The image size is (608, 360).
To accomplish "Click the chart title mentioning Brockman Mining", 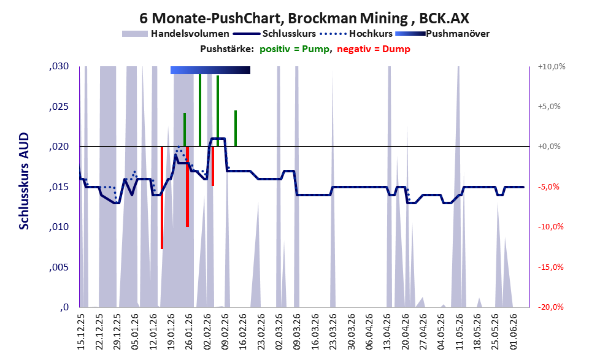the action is pos(304,18).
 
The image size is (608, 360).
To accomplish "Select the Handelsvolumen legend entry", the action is pos(175,34).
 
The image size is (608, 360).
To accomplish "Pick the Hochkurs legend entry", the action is pos(356,34).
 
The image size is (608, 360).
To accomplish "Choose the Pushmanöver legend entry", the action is pos(442,34).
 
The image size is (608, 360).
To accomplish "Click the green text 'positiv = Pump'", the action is pos(294,49).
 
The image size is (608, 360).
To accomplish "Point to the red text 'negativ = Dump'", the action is pos(374,49).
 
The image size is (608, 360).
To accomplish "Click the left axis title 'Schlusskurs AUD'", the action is pos(24,181).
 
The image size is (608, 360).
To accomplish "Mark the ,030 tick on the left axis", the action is pos(59,66).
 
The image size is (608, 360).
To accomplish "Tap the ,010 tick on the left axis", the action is pos(59,227).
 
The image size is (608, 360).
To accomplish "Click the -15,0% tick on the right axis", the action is pos(550,267).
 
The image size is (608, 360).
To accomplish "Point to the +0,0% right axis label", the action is pos(549,147).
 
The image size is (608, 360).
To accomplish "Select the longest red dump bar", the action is pos(162,197).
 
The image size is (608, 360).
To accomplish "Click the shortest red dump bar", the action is pos(213,166).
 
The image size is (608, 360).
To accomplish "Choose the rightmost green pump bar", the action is pos(236,128).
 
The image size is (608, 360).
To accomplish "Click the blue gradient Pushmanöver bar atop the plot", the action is pos(210,70).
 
